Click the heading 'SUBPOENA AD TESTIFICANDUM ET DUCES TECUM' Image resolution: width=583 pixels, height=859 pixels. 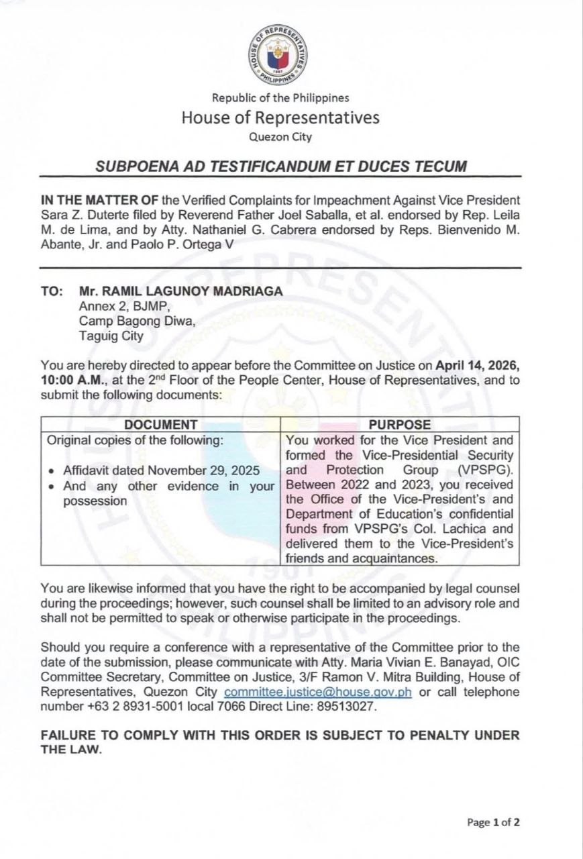280,166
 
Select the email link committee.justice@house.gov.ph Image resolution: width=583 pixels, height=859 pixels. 318,693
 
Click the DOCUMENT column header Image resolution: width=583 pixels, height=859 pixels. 161,425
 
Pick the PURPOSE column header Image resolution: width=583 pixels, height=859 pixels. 400,425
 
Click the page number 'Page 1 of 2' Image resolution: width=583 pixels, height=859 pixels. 493,822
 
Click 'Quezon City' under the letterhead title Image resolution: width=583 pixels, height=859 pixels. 280,138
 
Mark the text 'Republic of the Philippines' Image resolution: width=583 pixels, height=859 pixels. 280,98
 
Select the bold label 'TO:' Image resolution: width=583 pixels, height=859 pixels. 52,291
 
